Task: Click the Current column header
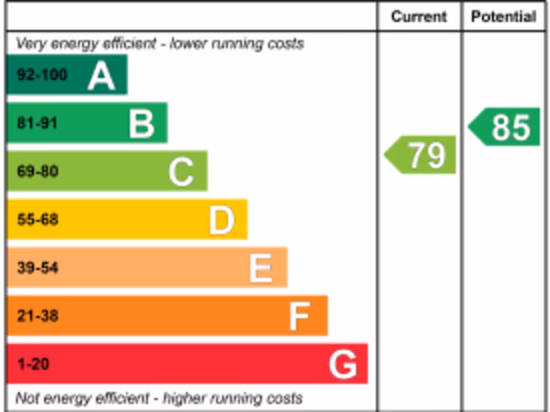coord(419,17)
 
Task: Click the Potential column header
coord(504,17)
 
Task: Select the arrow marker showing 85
coord(505,127)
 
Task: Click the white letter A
coord(102,76)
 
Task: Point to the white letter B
coord(142,124)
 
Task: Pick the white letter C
coord(181,172)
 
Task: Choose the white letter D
coord(221,220)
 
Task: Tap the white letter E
coord(261,268)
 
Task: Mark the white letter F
coord(299,317)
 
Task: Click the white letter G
coord(343,365)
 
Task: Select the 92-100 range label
coord(42,75)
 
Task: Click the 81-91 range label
coord(37,123)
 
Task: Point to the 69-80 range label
coord(38,172)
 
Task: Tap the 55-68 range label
coord(38,219)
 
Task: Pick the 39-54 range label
coord(38,267)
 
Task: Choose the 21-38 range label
coord(38,315)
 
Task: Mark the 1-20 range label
coord(33,364)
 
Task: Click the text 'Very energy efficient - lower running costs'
coord(160,43)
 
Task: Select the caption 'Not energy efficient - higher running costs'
coord(159,399)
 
